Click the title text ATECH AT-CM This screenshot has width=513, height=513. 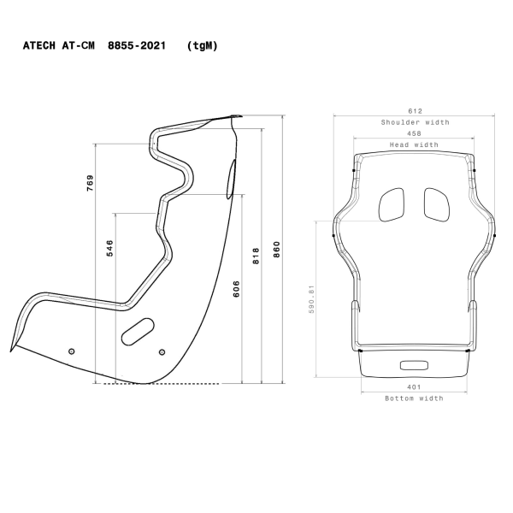61,45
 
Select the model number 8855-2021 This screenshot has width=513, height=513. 137,45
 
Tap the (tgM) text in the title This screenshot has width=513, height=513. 202,45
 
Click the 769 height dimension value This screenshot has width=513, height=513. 90,182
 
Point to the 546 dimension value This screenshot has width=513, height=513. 109,248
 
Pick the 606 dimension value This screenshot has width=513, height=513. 236,289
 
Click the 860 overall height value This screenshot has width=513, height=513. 275,248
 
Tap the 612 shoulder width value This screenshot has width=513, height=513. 415,111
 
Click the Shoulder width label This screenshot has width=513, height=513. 415,122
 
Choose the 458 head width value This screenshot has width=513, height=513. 414,133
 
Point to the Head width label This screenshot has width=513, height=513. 414,144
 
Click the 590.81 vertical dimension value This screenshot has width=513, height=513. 312,299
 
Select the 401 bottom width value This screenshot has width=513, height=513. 414,386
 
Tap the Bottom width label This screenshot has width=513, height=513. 414,398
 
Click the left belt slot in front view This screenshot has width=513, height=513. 391,203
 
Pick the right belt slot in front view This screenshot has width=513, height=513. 436,203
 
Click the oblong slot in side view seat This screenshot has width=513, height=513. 137,327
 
